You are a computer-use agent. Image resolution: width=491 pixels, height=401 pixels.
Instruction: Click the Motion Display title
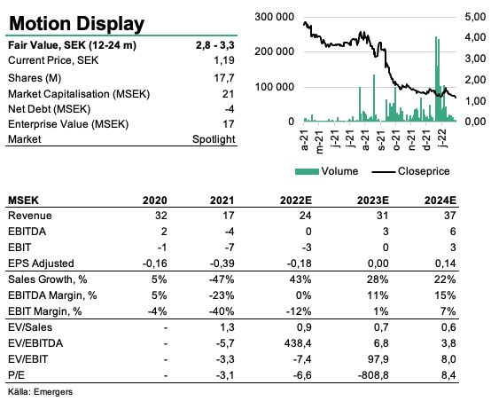[77, 24]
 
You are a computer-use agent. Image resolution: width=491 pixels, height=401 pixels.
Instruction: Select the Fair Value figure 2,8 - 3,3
[215, 45]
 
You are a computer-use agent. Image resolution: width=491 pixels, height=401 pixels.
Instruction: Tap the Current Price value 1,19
[224, 60]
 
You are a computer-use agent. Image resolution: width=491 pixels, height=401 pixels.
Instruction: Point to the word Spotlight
[214, 139]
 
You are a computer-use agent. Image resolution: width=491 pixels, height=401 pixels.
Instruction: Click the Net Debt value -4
[230, 109]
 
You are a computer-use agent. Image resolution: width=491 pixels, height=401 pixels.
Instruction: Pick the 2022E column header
[296, 200]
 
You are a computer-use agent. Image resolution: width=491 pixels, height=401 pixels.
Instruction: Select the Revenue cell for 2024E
[449, 216]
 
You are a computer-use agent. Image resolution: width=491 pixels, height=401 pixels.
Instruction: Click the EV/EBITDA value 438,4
[298, 343]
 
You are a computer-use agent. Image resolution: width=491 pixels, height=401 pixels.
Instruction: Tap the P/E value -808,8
[373, 375]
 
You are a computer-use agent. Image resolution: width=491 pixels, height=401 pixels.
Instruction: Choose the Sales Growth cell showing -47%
[222, 279]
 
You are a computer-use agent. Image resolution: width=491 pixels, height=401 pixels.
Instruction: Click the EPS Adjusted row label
[41, 263]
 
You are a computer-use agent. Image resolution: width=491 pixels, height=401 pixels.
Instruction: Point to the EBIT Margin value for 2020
[157, 311]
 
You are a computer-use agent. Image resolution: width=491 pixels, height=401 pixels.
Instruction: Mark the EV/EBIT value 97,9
[377, 359]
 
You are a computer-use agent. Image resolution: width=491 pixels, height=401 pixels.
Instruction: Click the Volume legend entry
[327, 171]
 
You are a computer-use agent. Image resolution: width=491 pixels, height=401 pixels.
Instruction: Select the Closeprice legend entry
[411, 171]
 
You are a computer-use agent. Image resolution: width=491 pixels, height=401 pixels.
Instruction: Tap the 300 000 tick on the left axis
[275, 17]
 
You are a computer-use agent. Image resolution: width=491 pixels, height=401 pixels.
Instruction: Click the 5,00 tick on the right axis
[476, 17]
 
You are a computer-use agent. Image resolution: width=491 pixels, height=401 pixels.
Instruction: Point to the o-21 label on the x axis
[396, 141]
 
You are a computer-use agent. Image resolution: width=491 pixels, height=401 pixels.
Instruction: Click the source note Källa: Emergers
[40, 392]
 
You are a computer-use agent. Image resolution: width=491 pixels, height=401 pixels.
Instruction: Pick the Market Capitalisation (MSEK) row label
[79, 94]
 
